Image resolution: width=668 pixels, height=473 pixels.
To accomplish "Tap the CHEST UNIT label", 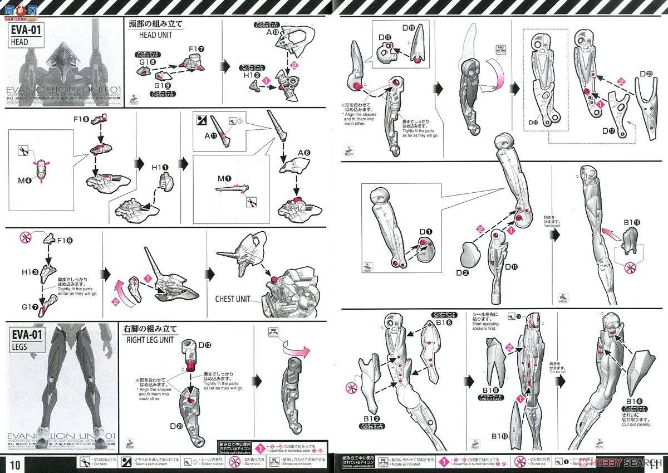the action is [233, 299].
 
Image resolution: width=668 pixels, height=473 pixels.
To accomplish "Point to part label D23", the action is [646, 74].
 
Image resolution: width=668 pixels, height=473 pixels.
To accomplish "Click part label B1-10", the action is [632, 222].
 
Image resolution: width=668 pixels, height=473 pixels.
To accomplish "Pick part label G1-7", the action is [31, 307].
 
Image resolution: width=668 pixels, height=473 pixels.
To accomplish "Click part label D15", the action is [385, 37].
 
